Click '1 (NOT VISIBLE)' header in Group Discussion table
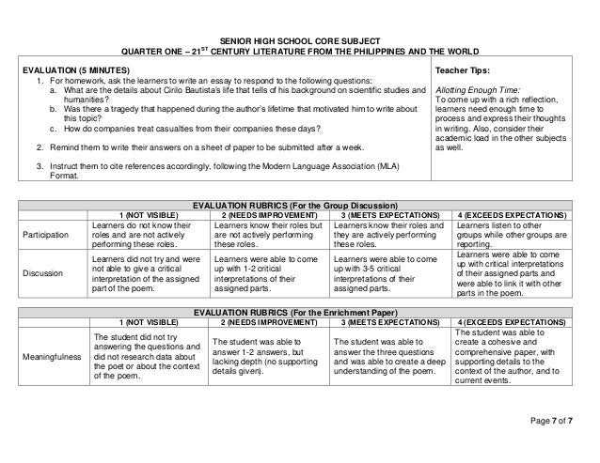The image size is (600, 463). click(x=148, y=215)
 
